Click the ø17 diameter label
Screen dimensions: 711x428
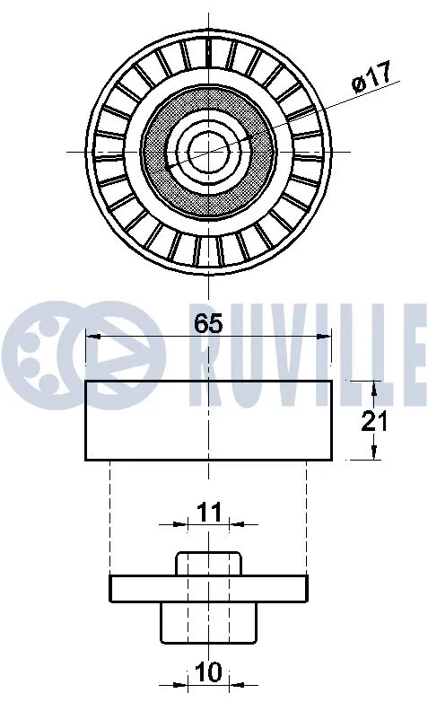pos(371,79)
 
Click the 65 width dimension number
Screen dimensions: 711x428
pos(207,324)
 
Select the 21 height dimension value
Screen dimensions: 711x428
pos(373,420)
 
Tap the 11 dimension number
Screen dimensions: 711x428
pos(208,513)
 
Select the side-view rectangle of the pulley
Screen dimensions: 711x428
pos(207,420)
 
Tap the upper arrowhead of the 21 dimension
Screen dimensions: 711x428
pos(373,387)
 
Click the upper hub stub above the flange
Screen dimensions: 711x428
pos(209,564)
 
